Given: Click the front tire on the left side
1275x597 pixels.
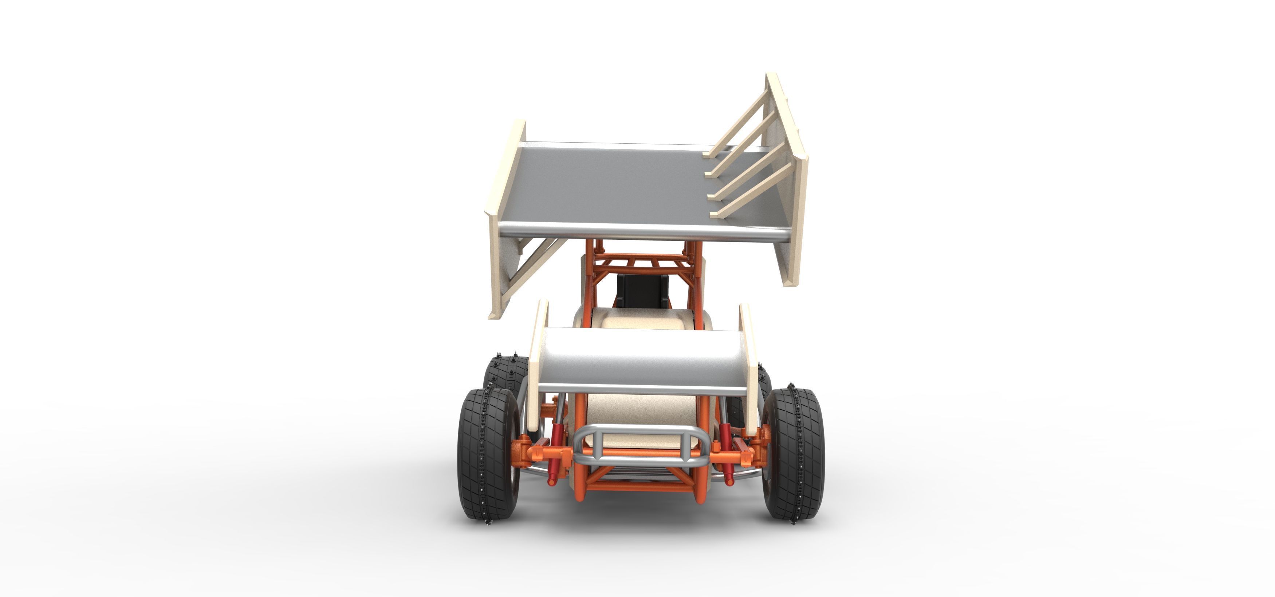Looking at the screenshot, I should (488, 454).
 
